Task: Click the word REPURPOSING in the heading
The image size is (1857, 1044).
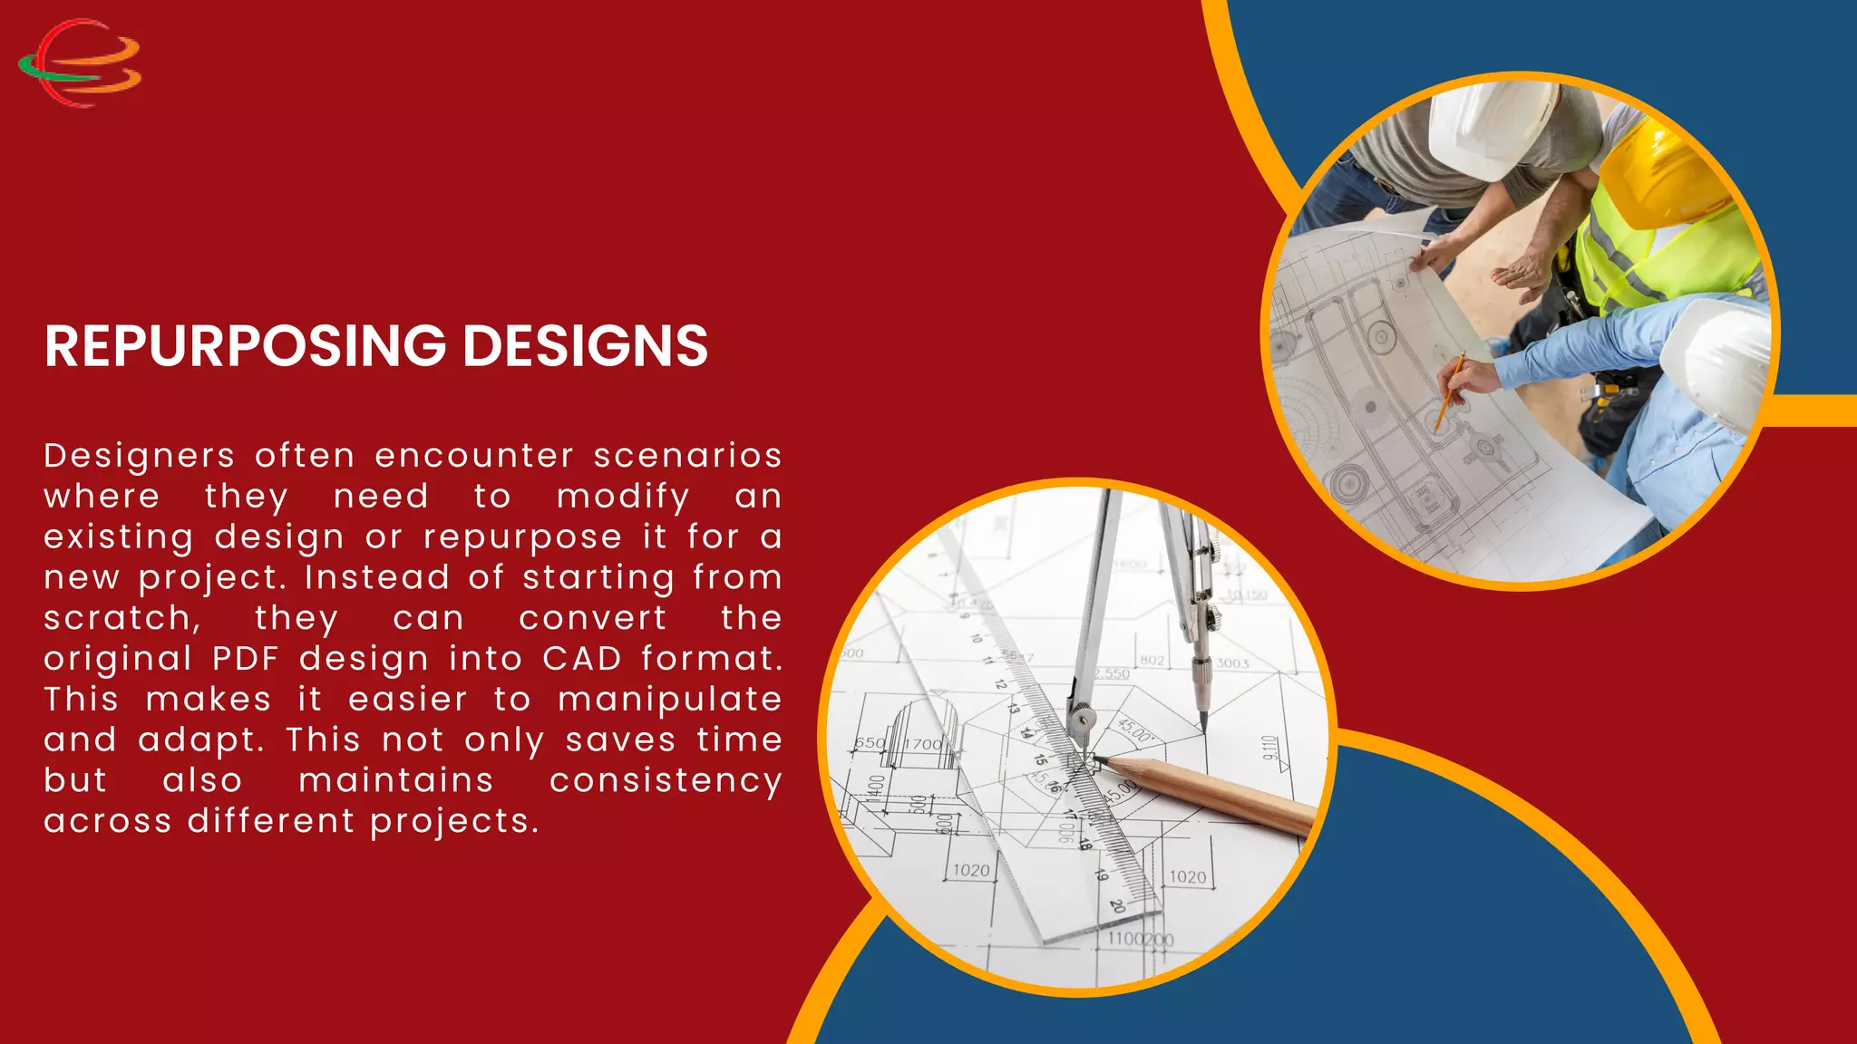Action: pos(245,346)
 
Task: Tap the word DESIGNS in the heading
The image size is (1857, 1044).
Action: pos(585,346)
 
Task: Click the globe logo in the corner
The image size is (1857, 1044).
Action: pos(80,63)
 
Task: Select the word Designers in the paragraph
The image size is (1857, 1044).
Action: pos(140,455)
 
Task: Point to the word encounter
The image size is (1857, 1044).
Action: pos(474,455)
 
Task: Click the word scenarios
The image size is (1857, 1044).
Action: pos(687,455)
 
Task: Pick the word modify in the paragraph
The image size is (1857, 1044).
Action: pos(623,497)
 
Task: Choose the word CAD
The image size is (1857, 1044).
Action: pos(582,659)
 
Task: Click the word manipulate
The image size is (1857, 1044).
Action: pos(669,700)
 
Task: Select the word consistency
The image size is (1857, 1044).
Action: pos(666,781)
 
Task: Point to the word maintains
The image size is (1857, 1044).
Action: pos(396,781)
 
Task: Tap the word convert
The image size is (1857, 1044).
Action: pos(593,619)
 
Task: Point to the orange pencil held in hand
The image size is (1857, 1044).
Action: pos(1448,391)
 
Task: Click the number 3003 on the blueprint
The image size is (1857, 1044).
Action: pos(1232,663)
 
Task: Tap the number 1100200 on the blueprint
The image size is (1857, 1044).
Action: pos(1140,939)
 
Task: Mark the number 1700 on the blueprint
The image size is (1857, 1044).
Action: pos(923,744)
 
